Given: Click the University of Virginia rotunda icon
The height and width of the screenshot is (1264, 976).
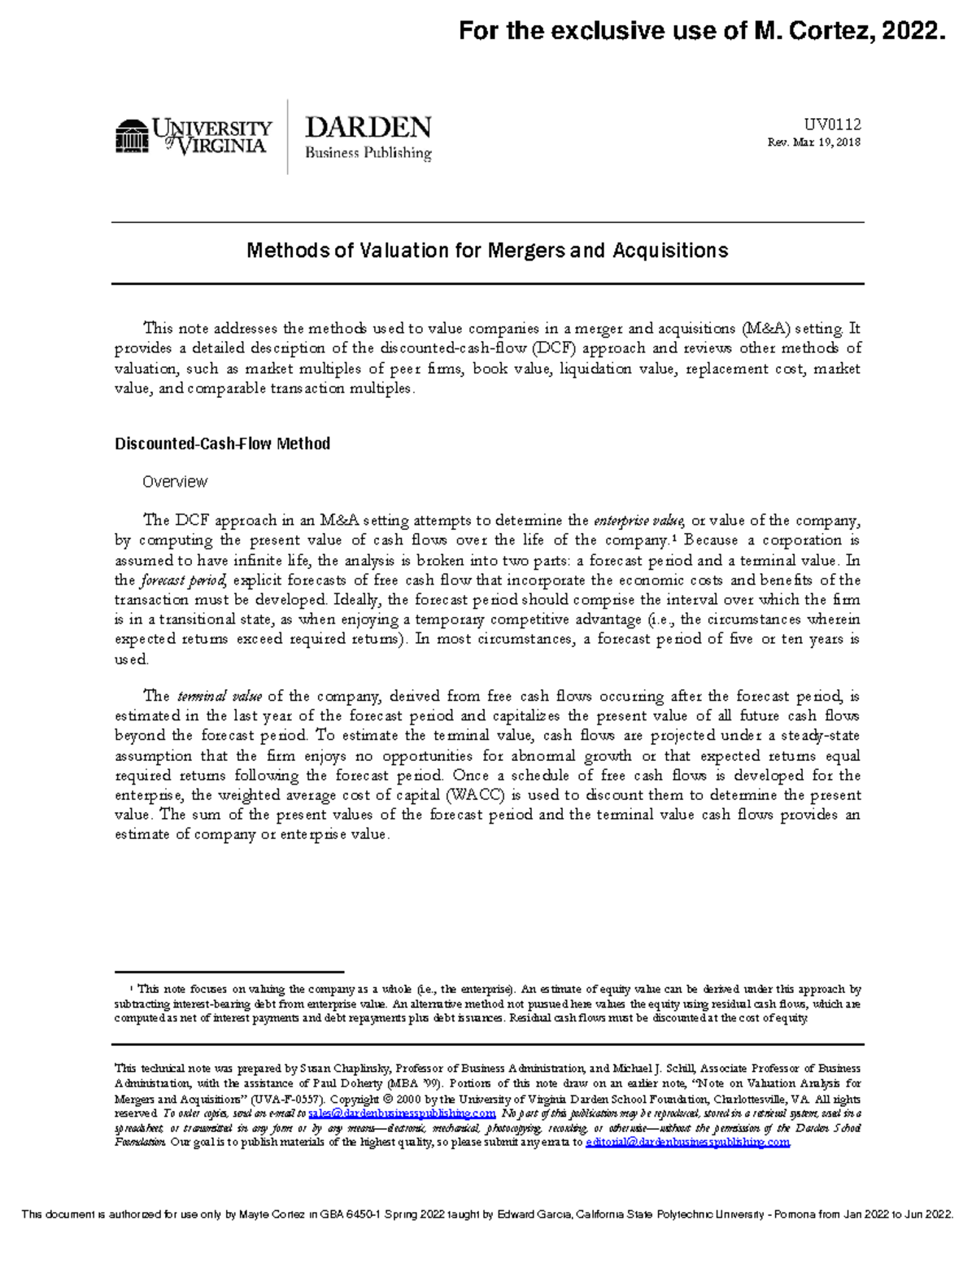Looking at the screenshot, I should (131, 136).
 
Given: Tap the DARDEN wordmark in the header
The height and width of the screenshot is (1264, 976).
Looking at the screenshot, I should (368, 128).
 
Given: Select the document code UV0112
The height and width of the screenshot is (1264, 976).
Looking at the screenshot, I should (832, 125).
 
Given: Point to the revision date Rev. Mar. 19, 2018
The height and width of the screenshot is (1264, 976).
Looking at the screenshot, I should (813, 142).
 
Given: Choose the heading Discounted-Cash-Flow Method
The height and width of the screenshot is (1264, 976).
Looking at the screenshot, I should (222, 444).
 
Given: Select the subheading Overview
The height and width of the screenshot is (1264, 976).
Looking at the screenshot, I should (175, 482).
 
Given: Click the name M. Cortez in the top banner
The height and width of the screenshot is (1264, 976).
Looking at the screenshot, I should (816, 31).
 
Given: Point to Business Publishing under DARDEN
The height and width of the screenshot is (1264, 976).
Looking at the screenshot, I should (368, 153).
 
